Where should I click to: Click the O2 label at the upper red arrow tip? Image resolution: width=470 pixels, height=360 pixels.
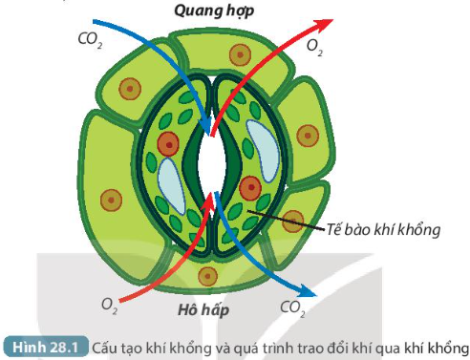tap(312, 43)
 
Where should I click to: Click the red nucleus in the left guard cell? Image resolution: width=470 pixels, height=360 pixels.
tap(169, 145)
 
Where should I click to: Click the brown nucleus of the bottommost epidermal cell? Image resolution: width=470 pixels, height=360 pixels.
tap(204, 278)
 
